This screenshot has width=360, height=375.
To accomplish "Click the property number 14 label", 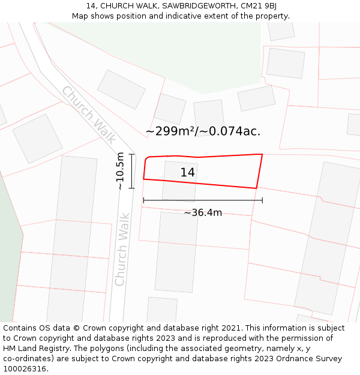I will coord(188,173).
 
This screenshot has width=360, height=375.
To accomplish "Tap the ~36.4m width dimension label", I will coord(203,213).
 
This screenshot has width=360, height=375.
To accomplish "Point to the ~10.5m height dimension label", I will coord(121,171).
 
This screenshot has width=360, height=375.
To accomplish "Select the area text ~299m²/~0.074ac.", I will coord(203,131).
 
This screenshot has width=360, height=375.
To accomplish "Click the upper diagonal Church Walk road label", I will coord(89,115).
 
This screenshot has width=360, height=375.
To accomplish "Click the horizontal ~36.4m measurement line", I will coord(203,200).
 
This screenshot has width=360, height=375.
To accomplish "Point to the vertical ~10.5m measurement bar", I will coord(131,171).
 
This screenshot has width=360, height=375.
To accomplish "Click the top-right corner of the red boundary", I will coord(262,154).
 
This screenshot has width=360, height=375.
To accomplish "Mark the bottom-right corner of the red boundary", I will coord(256,188).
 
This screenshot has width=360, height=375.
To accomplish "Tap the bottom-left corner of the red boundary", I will coord(143,179).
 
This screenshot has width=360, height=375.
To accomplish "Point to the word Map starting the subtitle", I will coord(81,16).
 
